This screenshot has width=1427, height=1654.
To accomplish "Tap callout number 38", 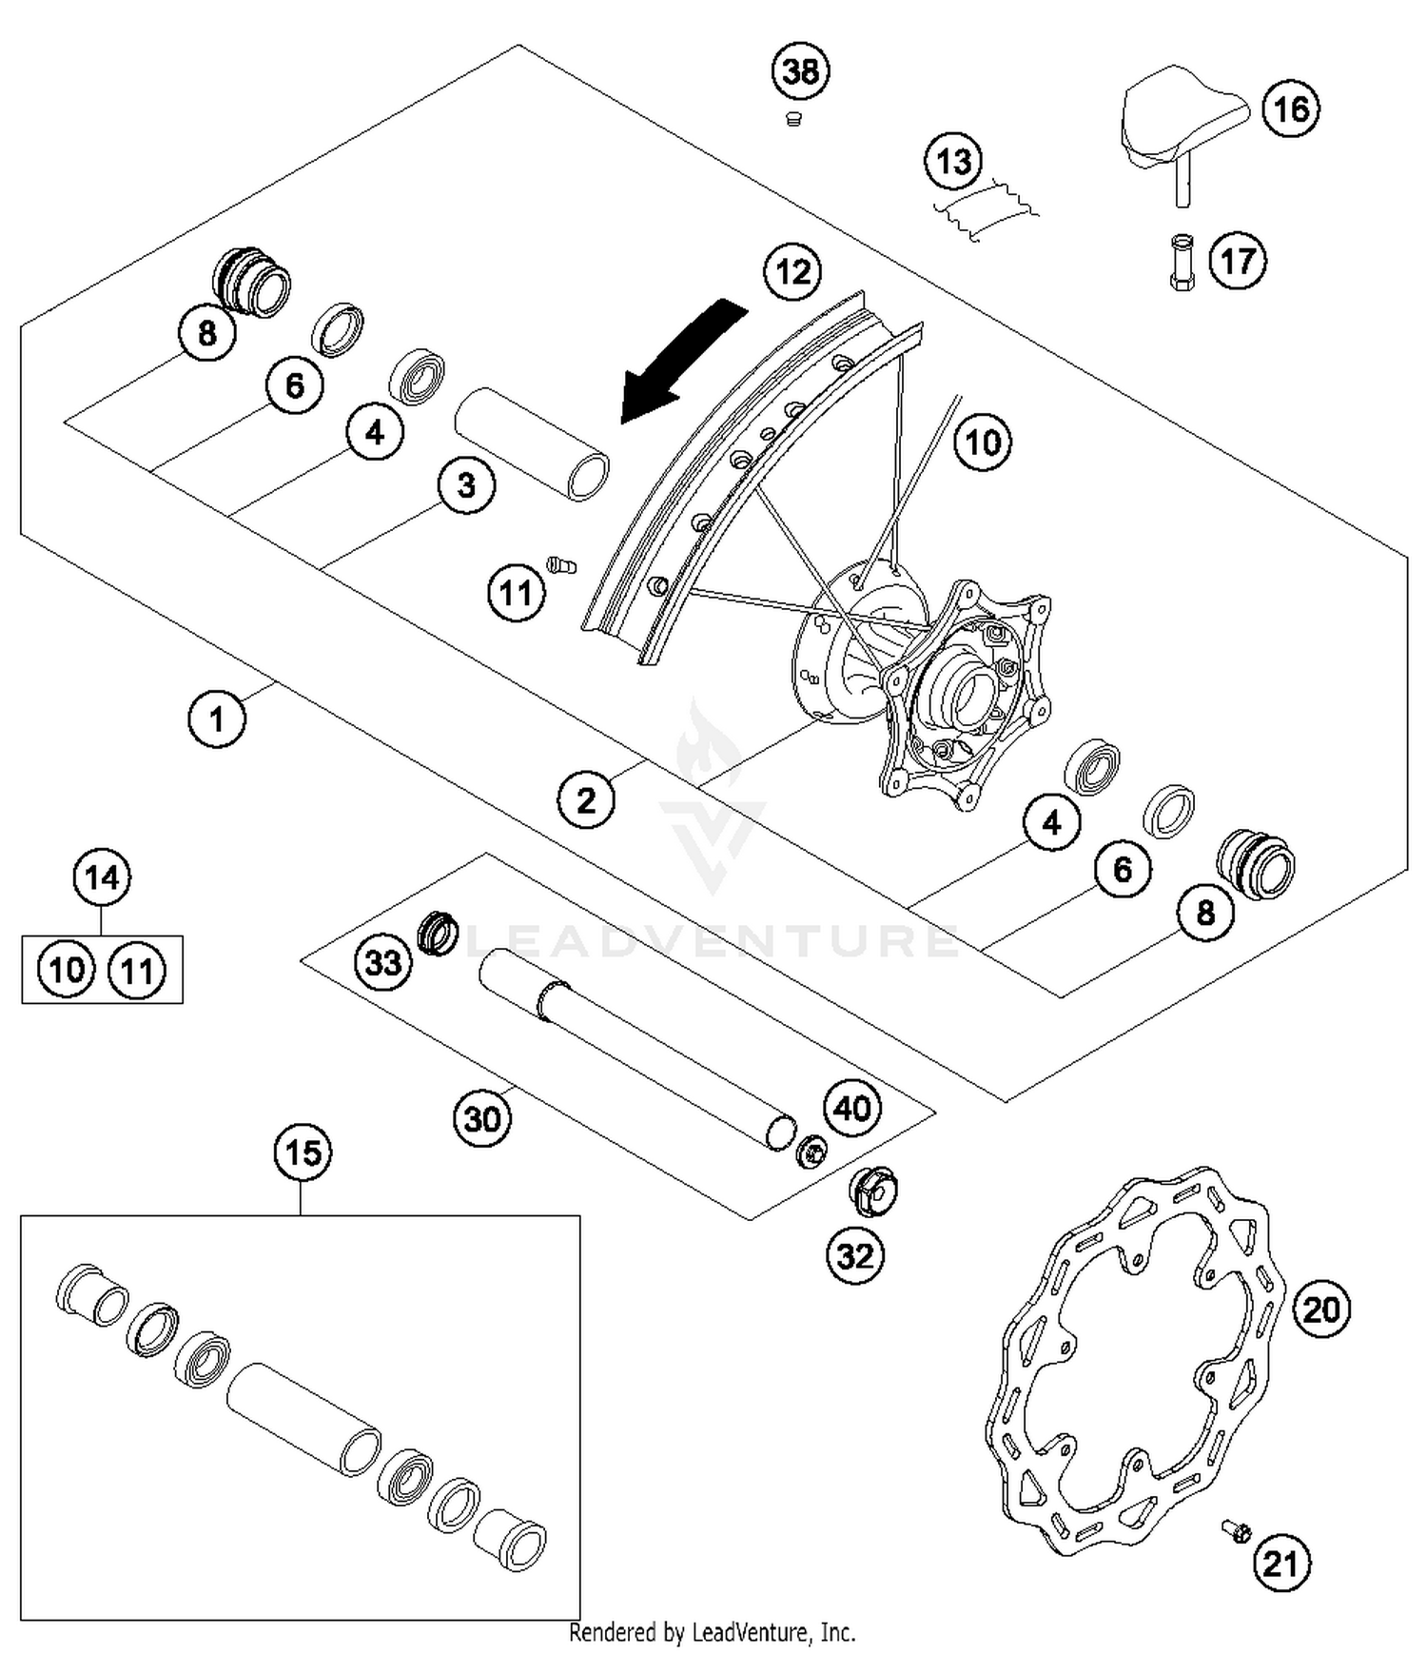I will pos(800,71).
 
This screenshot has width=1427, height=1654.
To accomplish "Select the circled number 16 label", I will pos(1291,108).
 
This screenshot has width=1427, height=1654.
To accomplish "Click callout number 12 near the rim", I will pos(792,272).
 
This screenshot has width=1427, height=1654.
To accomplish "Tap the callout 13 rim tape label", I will pos(954,161).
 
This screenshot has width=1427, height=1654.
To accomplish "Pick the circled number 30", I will pos(482,1118).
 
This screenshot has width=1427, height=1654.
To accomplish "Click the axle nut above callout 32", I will pos(872,1191).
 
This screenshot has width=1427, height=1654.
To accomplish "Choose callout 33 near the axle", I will pos(383,962).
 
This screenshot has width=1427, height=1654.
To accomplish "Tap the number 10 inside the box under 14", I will pos(67,971).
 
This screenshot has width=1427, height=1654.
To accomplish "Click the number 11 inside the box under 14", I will pos(137,971).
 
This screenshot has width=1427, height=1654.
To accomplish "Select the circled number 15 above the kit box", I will pos(303,1152).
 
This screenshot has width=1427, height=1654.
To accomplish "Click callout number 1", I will pos(217,719).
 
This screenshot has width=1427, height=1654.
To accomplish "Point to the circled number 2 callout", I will pos(585,799).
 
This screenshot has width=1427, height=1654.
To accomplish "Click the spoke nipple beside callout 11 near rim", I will pos(561,565).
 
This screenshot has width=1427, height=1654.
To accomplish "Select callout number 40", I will pos(852,1108).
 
